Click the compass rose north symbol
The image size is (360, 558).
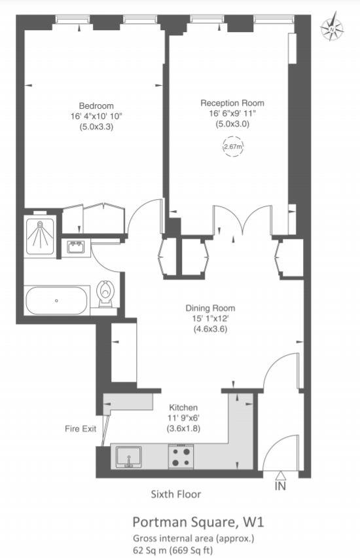[x=333, y=28]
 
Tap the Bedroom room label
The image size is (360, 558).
[x=96, y=106]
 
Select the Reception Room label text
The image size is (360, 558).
[x=232, y=103]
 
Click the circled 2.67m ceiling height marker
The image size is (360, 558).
[x=233, y=147]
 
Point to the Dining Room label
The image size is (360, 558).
[x=210, y=308]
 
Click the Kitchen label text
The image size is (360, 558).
[x=183, y=407]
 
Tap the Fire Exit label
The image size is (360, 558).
[x=81, y=429]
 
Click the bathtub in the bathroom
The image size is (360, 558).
[x=56, y=301]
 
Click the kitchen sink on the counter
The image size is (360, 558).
[x=129, y=456]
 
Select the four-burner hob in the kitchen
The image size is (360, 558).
[x=181, y=456]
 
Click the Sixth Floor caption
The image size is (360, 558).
[x=175, y=494]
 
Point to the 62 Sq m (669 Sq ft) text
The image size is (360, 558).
[x=172, y=551]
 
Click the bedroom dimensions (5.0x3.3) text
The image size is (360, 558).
[x=96, y=127]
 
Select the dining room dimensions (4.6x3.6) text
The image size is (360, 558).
[x=209, y=329]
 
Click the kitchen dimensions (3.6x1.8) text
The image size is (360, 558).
[x=183, y=428]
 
